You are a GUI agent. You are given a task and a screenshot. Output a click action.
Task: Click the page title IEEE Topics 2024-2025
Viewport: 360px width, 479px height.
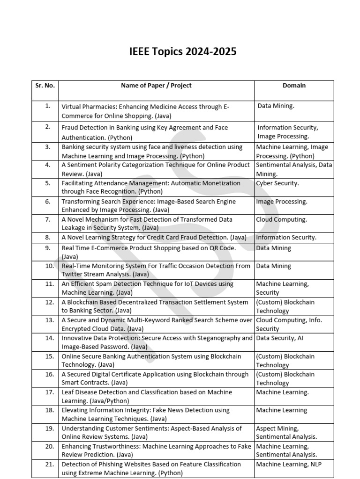[183, 52]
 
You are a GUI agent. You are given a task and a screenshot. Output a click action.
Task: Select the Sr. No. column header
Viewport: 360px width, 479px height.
[45, 86]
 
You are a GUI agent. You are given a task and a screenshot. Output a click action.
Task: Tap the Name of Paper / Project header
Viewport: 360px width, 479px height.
[156, 86]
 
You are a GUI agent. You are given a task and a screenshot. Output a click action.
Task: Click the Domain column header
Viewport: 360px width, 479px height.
[294, 86]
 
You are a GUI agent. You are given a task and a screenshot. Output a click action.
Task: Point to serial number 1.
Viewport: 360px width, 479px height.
[48, 106]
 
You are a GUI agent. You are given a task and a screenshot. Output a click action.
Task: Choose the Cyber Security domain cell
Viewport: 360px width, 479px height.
[277, 183]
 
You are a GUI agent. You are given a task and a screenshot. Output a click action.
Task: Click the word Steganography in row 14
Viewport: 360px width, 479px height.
[216, 338]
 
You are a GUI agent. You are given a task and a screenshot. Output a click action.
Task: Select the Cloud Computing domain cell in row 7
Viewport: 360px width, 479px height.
[281, 219]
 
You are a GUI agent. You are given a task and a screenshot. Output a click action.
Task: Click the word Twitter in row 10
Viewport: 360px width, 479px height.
[73, 275]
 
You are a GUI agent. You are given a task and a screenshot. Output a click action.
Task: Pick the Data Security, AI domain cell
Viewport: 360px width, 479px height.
[283, 338]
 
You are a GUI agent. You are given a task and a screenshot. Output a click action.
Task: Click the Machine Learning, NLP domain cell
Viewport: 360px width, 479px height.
[289, 464]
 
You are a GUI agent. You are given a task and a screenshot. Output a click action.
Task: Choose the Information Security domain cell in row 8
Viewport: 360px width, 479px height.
[286, 238]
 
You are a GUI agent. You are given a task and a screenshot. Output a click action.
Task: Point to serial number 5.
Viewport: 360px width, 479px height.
[48, 183]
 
